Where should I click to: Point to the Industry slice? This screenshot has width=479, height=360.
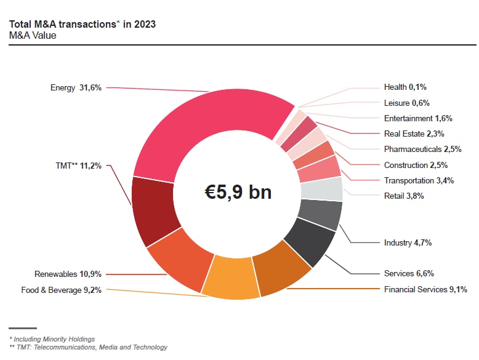[320, 215]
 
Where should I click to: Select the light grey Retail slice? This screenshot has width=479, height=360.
[321, 190]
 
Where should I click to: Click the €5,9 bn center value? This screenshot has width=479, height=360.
[238, 191]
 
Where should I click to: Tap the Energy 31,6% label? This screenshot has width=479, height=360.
[77, 88]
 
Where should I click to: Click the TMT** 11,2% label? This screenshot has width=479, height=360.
[79, 166]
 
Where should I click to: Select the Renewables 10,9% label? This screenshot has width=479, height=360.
[68, 274]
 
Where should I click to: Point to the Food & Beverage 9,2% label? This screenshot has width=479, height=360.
[62, 289]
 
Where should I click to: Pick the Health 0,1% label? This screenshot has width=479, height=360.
[405, 87]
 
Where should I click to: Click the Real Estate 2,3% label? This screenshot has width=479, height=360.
[414, 134]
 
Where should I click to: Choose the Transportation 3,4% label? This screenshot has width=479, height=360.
[418, 180]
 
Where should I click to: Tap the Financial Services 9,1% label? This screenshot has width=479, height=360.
[425, 289]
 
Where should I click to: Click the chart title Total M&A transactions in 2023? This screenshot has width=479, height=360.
[83, 25]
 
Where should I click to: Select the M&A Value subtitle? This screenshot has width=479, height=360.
[33, 36]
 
